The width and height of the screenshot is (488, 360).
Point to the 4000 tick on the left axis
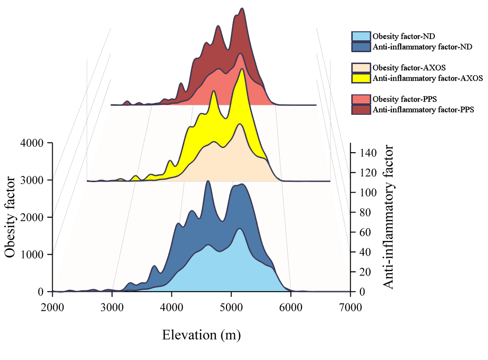pos(32,143)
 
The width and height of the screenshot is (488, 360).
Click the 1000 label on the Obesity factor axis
pos(32,254)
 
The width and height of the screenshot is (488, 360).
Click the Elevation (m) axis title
pos(201,335)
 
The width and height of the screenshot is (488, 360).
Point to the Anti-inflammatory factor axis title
pos(388,218)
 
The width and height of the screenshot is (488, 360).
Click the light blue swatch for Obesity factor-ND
pos(360,37)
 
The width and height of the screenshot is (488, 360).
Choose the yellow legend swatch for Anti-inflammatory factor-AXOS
pos(360,78)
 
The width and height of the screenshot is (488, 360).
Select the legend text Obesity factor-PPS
pos(404,99)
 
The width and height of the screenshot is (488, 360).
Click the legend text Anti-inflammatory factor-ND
pos(422,47)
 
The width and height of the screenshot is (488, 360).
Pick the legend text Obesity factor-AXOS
pos(409,67)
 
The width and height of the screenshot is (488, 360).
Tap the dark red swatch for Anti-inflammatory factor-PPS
pos(360,110)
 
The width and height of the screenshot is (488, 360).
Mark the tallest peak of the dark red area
pos(243,9)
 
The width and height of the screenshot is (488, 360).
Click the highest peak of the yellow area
pos(243,69)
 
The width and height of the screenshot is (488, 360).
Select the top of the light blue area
pos(240,229)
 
